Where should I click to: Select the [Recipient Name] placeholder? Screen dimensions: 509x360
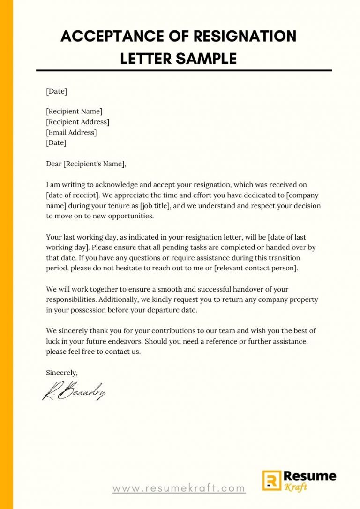[x=74, y=112]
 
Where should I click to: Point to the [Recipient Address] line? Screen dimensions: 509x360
[x=77, y=122]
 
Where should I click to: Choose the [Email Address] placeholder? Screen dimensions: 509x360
[x=71, y=133]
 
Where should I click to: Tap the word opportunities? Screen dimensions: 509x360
[x=127, y=216]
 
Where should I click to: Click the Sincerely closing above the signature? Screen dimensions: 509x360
[x=61, y=373]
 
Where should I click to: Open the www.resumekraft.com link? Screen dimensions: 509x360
[x=179, y=488]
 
